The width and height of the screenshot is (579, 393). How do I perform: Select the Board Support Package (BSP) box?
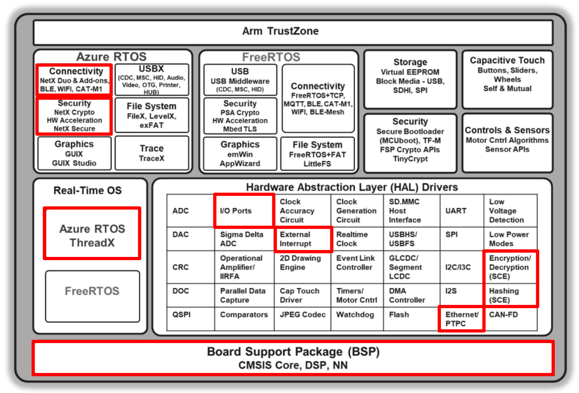(x=293, y=358)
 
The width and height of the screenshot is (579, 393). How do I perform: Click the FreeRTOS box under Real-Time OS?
(x=92, y=296)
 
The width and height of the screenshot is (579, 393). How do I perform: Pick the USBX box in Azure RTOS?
(x=152, y=80)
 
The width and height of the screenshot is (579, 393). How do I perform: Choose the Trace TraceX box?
(x=152, y=153)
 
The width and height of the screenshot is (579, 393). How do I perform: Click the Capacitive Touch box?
(x=507, y=79)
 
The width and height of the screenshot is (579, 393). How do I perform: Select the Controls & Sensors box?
(x=507, y=143)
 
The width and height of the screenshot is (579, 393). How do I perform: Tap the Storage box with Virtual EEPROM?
(x=410, y=79)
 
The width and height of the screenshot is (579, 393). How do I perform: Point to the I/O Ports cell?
(x=244, y=211)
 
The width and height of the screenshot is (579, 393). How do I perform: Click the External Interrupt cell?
(x=303, y=239)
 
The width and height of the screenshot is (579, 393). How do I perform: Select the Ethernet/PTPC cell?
(x=461, y=319)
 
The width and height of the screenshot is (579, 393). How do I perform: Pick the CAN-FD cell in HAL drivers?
(x=510, y=319)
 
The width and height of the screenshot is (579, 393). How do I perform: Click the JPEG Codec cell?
(x=302, y=319)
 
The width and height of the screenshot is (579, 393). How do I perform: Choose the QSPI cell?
(x=190, y=319)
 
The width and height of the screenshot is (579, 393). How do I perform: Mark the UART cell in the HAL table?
(x=461, y=211)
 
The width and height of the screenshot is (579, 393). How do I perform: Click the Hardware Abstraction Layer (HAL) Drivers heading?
(x=352, y=187)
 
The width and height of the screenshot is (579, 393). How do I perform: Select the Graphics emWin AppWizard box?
(x=240, y=153)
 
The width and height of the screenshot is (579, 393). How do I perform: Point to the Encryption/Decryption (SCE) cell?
(x=510, y=267)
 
